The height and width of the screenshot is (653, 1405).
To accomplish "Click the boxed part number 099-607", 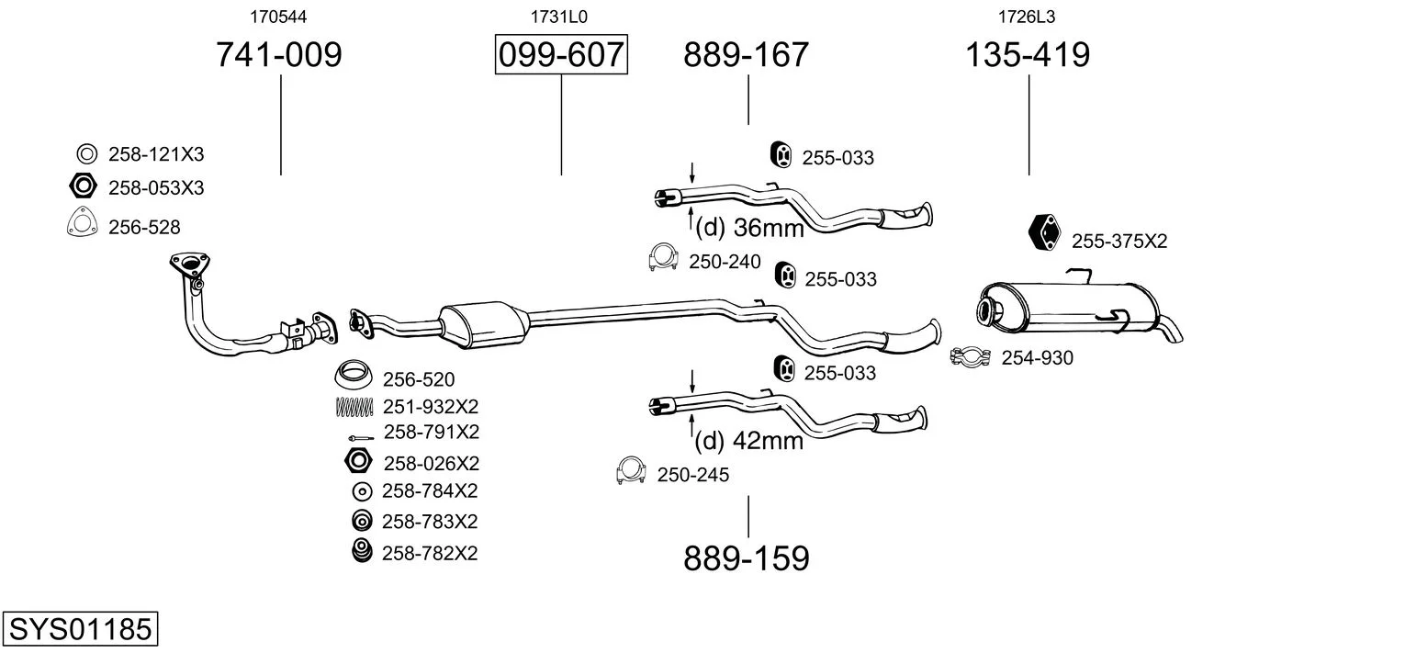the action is (561, 54).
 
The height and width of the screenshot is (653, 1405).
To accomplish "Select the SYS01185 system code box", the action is (80, 628).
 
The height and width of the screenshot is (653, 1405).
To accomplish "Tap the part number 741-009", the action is (279, 54).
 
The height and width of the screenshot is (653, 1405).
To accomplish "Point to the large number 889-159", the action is (747, 558).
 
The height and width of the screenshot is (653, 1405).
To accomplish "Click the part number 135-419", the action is (1028, 54).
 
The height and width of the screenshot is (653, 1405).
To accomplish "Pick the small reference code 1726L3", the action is (1027, 17).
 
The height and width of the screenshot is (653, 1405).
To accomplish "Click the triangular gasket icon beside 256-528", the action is (82, 222).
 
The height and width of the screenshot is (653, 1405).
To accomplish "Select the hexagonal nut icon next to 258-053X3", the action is (82, 186).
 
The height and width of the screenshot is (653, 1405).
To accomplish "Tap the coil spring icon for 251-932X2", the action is (354, 407).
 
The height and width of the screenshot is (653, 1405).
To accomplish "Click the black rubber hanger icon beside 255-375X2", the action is (1044, 232).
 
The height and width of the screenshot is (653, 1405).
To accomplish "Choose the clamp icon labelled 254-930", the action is (970, 357).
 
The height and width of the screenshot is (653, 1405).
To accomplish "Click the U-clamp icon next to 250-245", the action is (631, 470).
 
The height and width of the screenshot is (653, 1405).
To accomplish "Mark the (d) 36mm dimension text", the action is (749, 227).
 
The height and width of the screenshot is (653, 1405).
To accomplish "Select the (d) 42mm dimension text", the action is (749, 440).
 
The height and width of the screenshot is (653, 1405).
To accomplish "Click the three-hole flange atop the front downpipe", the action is (189, 264).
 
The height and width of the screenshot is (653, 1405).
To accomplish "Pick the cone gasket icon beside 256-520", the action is (353, 375).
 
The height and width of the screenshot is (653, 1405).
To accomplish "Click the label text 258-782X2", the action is (430, 553).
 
